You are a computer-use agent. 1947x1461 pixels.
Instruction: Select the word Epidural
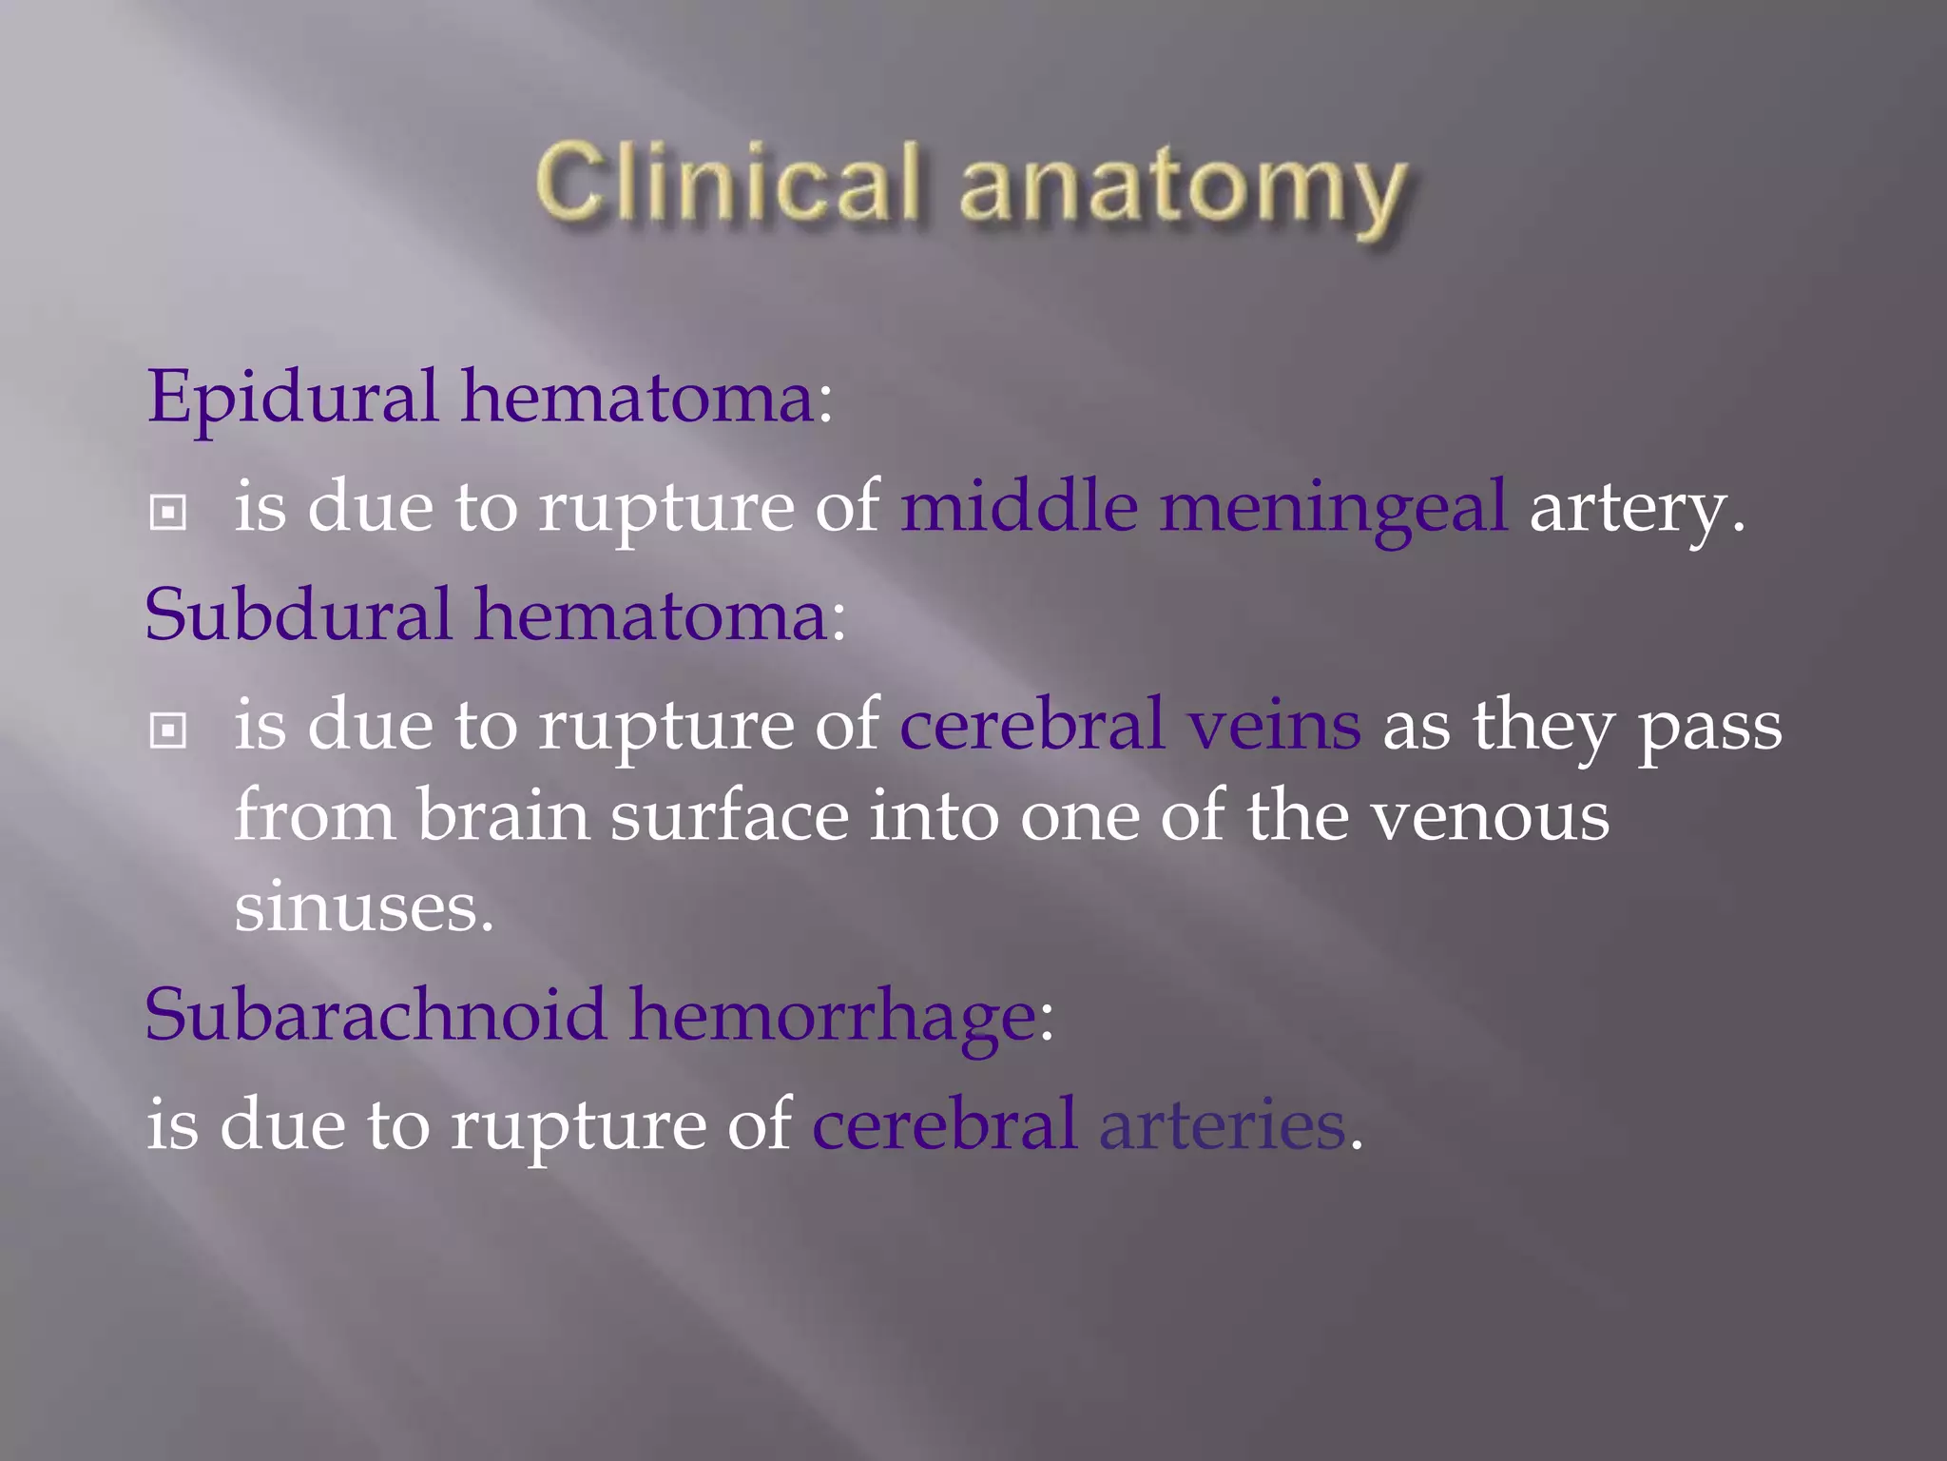pyautogui.click(x=293, y=398)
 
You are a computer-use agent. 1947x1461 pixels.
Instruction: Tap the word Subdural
pyautogui.click(x=299, y=615)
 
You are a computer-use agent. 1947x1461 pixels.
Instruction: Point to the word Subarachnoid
pyautogui.click(x=376, y=1015)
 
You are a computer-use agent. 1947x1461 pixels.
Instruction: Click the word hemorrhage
pyautogui.click(x=832, y=1017)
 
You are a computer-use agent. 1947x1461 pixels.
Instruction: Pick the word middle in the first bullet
pyautogui.click(x=1019, y=506)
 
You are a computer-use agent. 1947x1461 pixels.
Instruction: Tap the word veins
pyautogui.click(x=1274, y=725)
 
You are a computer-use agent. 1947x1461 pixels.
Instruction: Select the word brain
pyautogui.click(x=503, y=816)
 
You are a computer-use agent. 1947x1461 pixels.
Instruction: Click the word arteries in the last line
pyautogui.click(x=1222, y=1124)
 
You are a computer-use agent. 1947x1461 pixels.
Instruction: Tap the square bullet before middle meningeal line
pyautogui.click(x=168, y=514)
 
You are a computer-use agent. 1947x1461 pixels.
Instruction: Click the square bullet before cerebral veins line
pyautogui.click(x=168, y=730)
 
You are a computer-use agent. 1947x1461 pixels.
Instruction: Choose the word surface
pyautogui.click(x=729, y=816)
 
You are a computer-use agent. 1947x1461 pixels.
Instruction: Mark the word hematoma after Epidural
pyautogui.click(x=638, y=398)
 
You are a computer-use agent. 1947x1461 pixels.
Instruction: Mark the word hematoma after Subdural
pyautogui.click(x=651, y=615)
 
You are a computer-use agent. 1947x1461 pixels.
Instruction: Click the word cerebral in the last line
pyautogui.click(x=944, y=1124)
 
